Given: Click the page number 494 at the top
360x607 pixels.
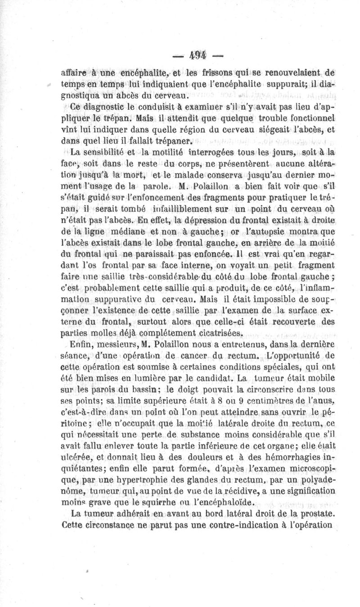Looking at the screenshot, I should point(196,56).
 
